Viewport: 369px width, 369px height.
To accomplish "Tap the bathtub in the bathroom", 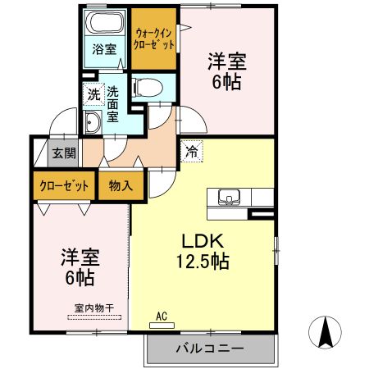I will pyautogui.click(x=103, y=23).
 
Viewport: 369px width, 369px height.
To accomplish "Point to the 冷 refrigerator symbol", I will pyautogui.click(x=190, y=151).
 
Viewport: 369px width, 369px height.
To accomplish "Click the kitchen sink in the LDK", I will pyautogui.click(x=229, y=197).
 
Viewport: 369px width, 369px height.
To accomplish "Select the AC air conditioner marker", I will pyautogui.click(x=162, y=316).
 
